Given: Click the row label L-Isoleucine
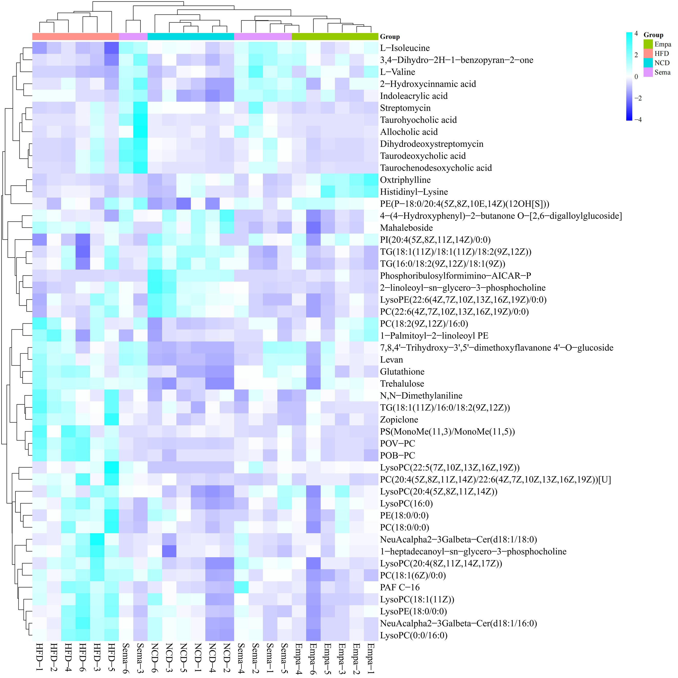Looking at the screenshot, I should point(405,48).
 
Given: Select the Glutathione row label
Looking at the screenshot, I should point(402,372).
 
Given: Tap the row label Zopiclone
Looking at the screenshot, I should point(399,420).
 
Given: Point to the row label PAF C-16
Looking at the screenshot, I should point(400,588).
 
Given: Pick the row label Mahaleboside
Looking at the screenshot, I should point(406,228).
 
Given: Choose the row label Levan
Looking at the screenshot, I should point(391,360).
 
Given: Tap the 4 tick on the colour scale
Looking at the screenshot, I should point(636,34).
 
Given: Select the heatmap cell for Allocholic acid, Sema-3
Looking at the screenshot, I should point(140,132).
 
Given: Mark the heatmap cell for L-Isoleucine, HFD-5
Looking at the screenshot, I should point(111,48).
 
